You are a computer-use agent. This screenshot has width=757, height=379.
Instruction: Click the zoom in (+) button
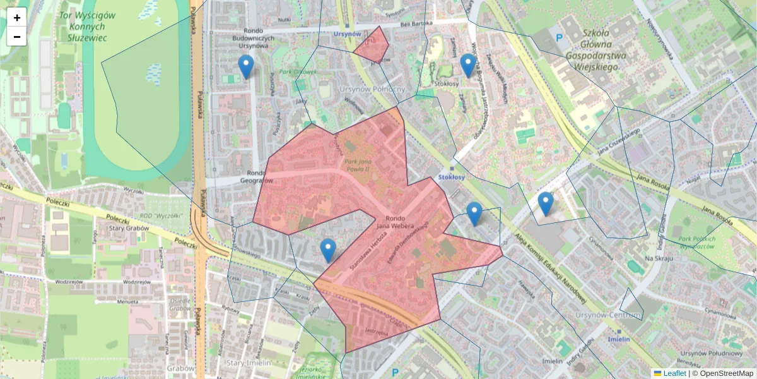click(17, 18)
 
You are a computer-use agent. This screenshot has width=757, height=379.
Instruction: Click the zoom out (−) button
click(17, 37)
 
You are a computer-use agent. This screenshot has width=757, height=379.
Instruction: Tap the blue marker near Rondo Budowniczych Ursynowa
click(246, 66)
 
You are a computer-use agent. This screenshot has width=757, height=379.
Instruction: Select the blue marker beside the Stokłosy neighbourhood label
click(467, 65)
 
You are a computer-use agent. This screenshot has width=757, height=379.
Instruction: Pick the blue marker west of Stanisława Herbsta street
click(328, 250)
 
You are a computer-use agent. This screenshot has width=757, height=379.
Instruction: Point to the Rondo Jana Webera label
click(394, 222)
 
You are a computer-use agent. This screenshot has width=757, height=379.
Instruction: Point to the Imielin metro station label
click(619, 339)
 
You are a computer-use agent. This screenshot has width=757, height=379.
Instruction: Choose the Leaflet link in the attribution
click(674, 373)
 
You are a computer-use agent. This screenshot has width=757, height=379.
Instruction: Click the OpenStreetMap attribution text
click(725, 373)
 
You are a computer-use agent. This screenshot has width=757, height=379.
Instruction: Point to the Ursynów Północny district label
click(372, 89)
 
